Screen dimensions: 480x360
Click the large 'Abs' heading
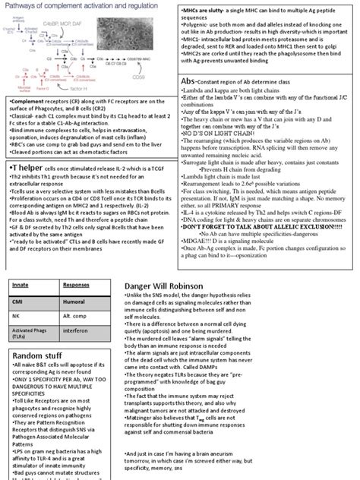(x=193, y=80)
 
